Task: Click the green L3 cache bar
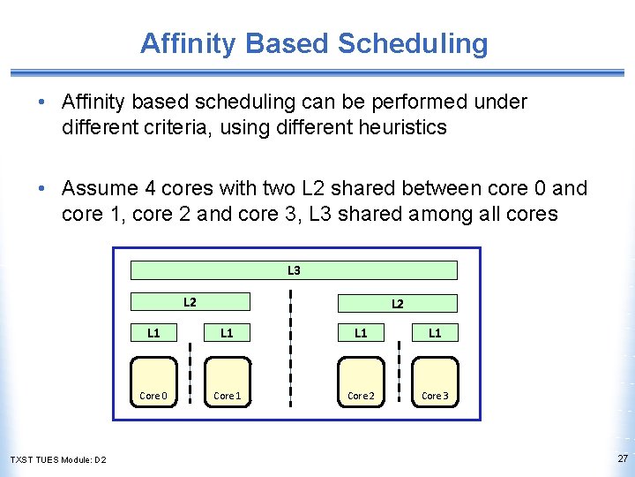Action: coord(294,270)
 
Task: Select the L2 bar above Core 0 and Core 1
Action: coord(190,302)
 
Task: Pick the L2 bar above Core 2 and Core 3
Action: coord(398,303)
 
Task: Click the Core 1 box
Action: coord(228,382)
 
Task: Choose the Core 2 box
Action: coord(362,382)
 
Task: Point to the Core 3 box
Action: coord(435,382)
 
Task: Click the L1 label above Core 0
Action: coord(153,333)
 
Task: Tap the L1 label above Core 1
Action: coord(227,333)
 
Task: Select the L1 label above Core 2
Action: coord(361,333)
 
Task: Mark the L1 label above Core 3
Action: coord(435,333)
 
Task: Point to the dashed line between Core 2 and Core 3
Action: coord(399,362)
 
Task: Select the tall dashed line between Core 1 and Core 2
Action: coord(293,344)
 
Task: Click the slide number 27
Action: coord(623,458)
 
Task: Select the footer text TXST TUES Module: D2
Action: coord(58,459)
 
